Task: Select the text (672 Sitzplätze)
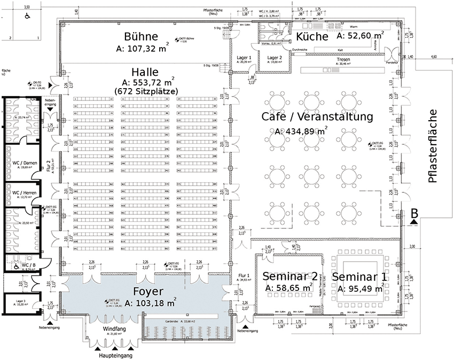point(145,92)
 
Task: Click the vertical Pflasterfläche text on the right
point(433,146)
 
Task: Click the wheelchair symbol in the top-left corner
point(26,17)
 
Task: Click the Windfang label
point(114,329)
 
